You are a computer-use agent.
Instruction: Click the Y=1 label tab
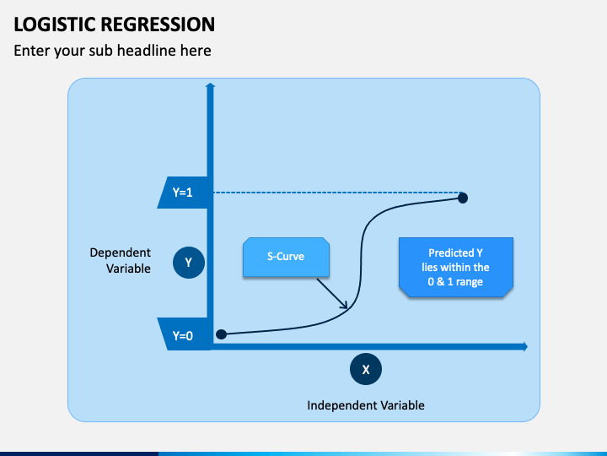(184, 193)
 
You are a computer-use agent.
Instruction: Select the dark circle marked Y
(189, 263)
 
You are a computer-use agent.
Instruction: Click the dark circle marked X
(365, 369)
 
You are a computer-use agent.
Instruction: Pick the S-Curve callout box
(286, 257)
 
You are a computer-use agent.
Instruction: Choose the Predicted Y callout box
(456, 267)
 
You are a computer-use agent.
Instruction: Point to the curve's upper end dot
(463, 198)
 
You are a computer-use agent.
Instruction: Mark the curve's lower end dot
(221, 334)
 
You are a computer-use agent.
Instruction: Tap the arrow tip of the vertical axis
(210, 83)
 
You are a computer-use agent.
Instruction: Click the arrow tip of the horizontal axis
(527, 347)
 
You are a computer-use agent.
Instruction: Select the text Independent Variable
(366, 405)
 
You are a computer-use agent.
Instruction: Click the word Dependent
(120, 252)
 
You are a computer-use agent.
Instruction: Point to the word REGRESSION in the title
(158, 24)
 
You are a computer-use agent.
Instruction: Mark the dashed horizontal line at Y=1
(337, 193)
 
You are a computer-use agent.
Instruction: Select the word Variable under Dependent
(128, 269)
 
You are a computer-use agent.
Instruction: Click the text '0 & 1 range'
(455, 281)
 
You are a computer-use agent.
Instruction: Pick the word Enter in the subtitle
(32, 51)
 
